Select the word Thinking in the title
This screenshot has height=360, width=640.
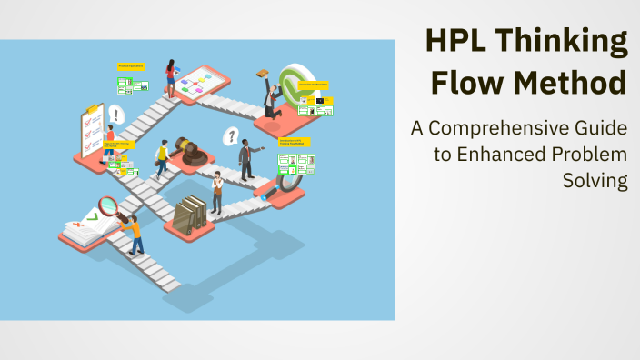pyautogui.click(x=560, y=43)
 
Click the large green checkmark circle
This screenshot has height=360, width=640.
pyautogui.click(x=295, y=85)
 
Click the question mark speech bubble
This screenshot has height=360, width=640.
pyautogui.click(x=231, y=137)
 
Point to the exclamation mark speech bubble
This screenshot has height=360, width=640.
pyautogui.click(x=115, y=115)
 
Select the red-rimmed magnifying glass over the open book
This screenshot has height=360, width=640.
pyautogui.click(x=109, y=206)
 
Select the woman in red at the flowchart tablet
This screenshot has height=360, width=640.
pyautogui.click(x=170, y=77)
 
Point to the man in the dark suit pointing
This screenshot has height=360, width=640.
pyautogui.click(x=246, y=159)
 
